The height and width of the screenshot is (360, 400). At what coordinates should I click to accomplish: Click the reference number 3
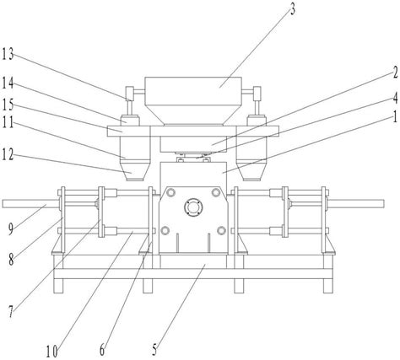[x=293, y=9]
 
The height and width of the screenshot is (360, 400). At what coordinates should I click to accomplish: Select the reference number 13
[x=8, y=54]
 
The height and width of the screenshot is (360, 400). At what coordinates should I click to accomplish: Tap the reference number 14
[x=8, y=83]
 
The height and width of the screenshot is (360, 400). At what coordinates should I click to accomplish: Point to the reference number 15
[x=8, y=105]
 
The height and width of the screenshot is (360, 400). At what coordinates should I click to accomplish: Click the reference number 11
[x=8, y=122]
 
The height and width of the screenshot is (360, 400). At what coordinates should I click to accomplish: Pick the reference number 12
[x=8, y=154]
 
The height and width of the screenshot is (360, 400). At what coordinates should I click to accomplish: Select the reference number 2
[x=395, y=73]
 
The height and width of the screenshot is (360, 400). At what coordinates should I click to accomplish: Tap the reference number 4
[x=395, y=98]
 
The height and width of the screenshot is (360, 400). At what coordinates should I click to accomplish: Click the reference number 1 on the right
[x=395, y=116]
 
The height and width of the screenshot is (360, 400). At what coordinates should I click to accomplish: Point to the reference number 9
[x=11, y=229]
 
